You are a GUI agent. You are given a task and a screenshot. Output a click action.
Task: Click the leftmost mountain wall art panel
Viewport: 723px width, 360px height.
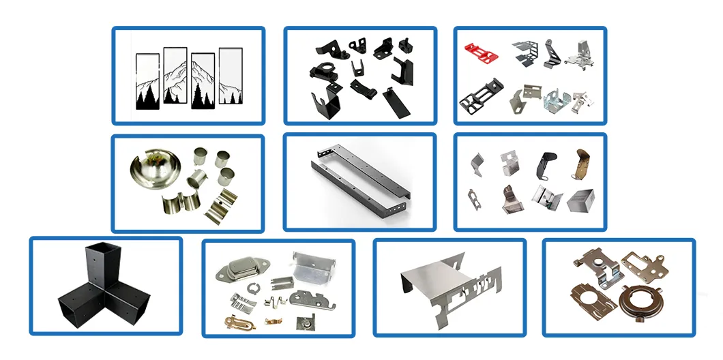(147, 81)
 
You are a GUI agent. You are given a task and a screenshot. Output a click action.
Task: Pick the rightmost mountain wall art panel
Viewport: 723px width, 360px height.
(230, 76)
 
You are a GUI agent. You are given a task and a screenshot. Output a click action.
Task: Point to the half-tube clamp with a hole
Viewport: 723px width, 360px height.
(224, 202)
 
